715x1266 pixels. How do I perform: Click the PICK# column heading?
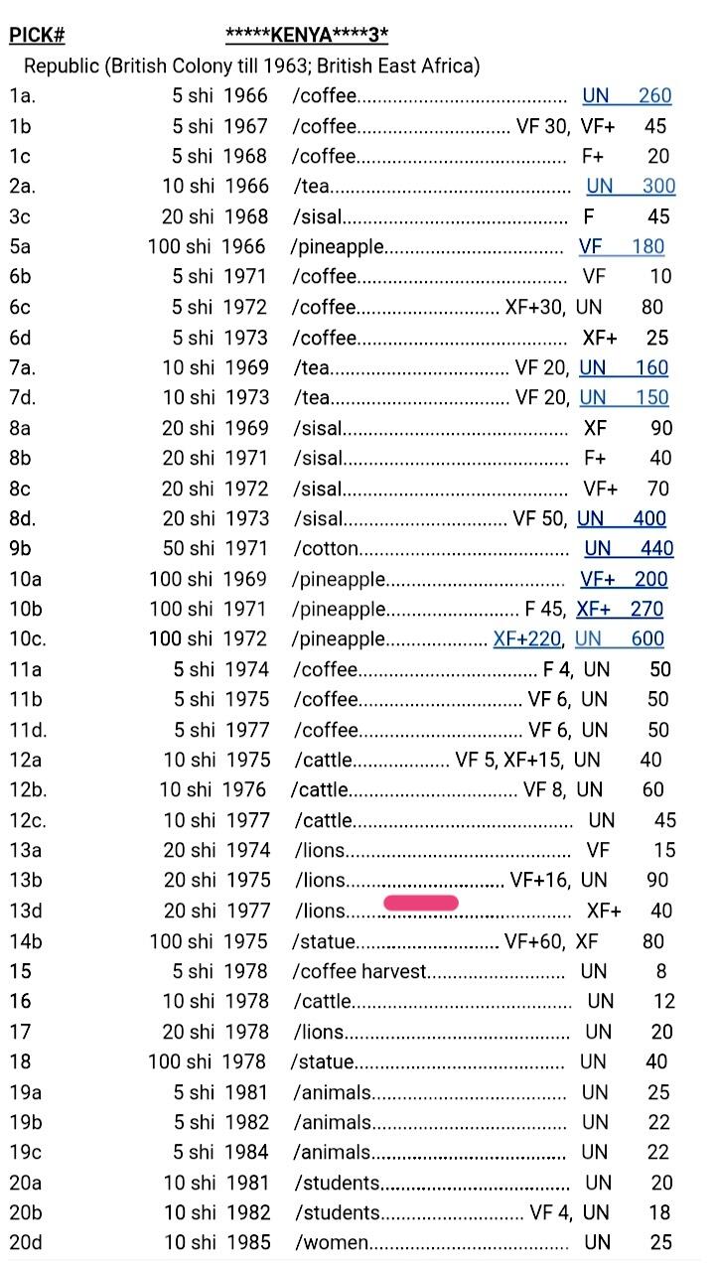coord(37,37)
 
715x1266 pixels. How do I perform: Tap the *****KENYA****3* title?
coord(307,37)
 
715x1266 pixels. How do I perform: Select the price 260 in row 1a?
coord(654,96)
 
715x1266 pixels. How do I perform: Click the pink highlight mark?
coord(421,903)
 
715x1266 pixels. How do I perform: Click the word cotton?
coord(329,548)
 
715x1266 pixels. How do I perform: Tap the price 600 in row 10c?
coord(647,638)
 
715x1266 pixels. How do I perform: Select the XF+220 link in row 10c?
coord(526,638)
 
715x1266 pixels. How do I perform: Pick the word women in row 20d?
coord(337,1242)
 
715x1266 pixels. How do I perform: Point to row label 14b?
coord(27,941)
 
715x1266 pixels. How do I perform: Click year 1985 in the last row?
coord(247,1242)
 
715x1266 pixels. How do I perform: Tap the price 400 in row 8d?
coord(649,518)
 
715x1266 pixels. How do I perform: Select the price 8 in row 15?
coord(661,971)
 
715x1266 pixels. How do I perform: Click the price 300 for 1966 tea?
coord(658,186)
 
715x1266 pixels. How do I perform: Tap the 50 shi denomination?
coord(186,548)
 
